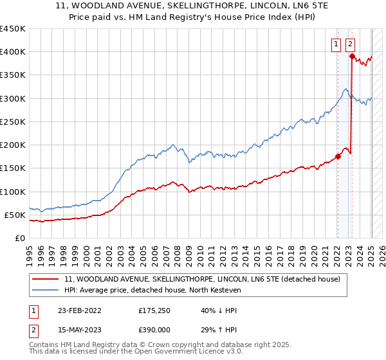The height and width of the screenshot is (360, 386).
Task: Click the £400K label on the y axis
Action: coord(13,52)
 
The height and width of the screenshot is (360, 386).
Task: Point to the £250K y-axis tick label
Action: coord(13,122)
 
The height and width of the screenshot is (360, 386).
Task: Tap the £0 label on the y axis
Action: coord(20,238)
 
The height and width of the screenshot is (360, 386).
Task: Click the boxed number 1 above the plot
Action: coord(336,44)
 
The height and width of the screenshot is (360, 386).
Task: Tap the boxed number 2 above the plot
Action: coord(350,44)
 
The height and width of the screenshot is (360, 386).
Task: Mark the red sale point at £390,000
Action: coord(352,57)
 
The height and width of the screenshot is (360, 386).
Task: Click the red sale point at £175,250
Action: coord(338,156)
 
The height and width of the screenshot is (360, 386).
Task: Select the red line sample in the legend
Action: coord(46,279)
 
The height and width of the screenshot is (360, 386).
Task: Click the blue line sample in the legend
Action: coord(46,291)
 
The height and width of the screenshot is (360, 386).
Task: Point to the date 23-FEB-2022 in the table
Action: coord(79,310)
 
